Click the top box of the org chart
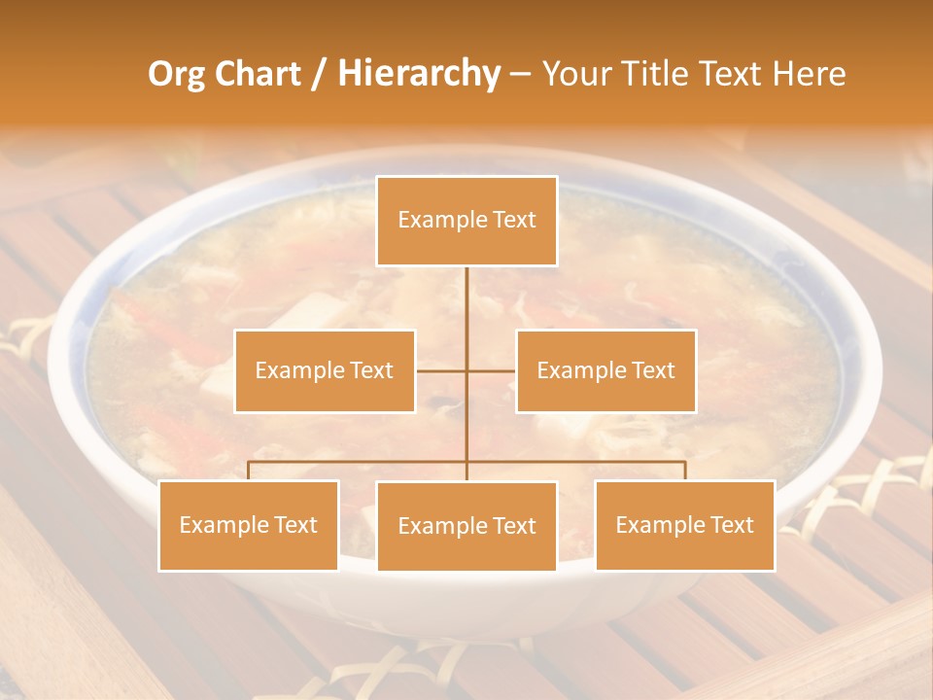pos(466,221)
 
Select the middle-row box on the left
pos(325,370)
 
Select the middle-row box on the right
pos(605,370)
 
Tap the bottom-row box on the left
pos(249,525)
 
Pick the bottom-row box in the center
pos(466,526)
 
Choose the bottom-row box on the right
pos(684,525)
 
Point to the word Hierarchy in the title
pos(419,74)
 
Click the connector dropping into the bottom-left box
pos(249,471)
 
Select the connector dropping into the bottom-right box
pos(685,471)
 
